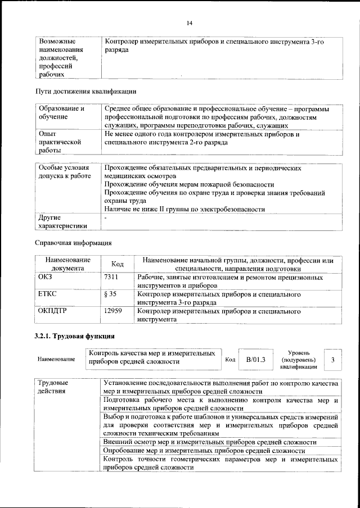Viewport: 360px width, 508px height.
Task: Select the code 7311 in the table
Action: [112, 278]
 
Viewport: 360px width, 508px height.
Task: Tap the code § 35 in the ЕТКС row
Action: [110, 294]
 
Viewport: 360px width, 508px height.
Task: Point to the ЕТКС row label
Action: [47, 294]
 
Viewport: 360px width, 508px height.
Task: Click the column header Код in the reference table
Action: [118, 264]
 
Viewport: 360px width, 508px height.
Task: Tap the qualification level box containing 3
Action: [334, 359]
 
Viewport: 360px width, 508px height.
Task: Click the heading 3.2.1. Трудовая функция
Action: [75, 337]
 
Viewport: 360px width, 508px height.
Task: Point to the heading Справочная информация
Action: [73, 243]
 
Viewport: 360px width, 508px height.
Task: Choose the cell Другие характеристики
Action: [62, 221]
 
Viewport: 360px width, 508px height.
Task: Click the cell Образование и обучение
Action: [61, 112]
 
